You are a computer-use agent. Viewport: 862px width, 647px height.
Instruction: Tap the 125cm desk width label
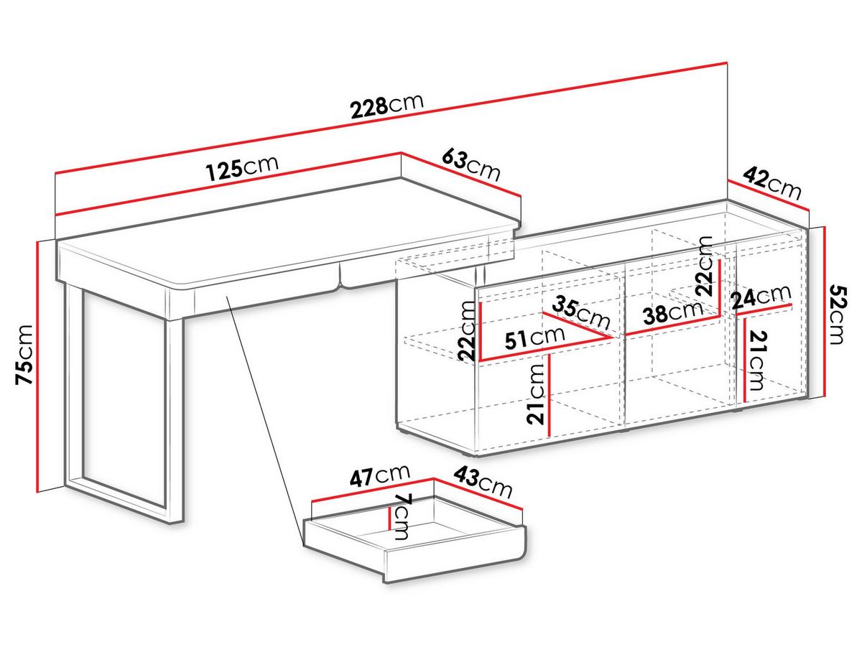point(242,167)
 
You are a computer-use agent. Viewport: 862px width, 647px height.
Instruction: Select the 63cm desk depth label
point(471,165)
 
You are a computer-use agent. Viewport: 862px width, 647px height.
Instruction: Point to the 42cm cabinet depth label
point(772,183)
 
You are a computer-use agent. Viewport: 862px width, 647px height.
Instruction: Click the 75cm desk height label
point(24,355)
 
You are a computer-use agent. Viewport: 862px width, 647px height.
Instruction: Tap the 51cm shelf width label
point(535,338)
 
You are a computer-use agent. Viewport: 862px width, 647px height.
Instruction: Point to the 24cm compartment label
point(761,295)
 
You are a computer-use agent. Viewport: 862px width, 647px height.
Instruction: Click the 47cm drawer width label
point(380,476)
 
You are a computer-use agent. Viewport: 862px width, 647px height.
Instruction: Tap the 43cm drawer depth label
point(483,483)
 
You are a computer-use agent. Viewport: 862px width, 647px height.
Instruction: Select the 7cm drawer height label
point(402,518)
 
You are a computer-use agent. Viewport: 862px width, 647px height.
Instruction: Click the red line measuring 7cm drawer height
point(389,518)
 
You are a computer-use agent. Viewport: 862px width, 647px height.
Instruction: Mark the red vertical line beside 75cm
point(38,367)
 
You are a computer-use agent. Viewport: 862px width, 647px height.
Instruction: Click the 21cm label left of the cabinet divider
point(536,394)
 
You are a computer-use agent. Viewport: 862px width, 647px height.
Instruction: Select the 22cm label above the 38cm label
point(704,266)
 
